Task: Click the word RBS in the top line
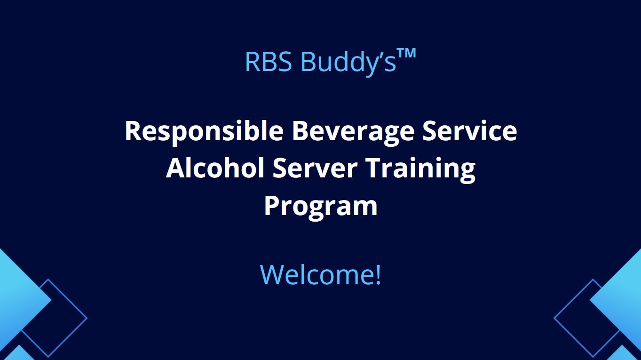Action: (269, 61)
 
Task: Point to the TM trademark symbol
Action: (406, 54)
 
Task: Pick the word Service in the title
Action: (470, 131)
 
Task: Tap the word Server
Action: (315, 168)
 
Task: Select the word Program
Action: (321, 207)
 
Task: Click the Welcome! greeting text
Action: (321, 275)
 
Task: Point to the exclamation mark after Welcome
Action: (378, 275)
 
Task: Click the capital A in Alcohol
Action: (176, 168)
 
